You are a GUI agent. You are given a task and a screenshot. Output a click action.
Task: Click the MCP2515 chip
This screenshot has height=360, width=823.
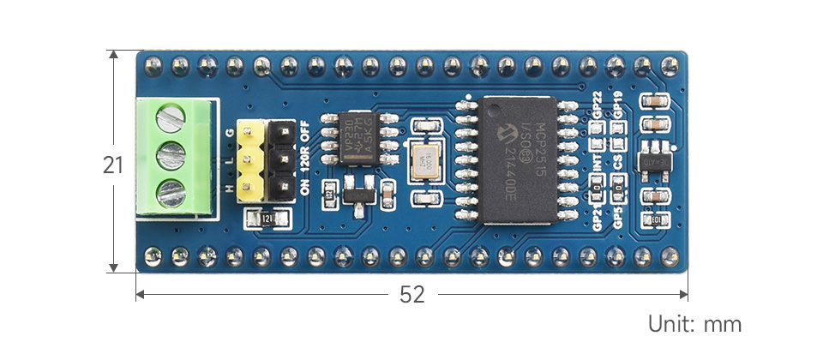click(x=520, y=159)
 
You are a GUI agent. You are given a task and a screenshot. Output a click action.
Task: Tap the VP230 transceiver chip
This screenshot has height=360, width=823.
click(x=353, y=136)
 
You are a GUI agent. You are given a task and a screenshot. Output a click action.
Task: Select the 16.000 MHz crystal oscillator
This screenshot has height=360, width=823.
click(x=424, y=160)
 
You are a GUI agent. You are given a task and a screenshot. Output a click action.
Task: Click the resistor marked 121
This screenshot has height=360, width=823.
click(x=265, y=219)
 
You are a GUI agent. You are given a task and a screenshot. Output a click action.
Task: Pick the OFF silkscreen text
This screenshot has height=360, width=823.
click(x=305, y=132)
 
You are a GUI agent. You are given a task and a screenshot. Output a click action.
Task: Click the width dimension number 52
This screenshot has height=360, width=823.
click(x=412, y=295)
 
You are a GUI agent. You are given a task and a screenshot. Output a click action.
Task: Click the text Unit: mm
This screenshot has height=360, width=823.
click(x=694, y=325)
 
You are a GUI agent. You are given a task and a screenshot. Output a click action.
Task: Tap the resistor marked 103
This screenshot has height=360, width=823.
click(x=657, y=221)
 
